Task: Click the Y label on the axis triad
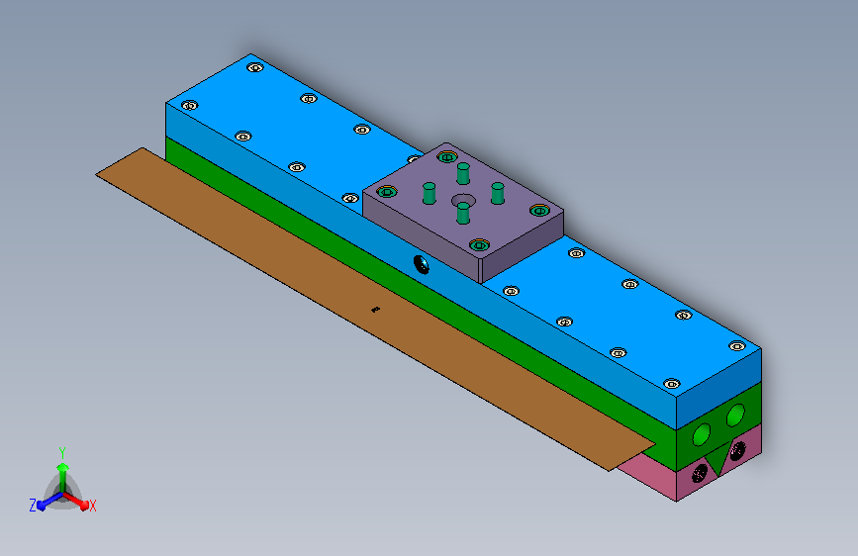62,452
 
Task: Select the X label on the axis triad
92,506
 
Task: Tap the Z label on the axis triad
33,506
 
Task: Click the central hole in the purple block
463,201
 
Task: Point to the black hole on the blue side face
422,265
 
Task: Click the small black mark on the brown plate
375,310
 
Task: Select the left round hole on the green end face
701,434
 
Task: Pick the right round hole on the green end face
735,416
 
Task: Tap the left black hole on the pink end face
700,473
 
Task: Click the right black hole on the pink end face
737,450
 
